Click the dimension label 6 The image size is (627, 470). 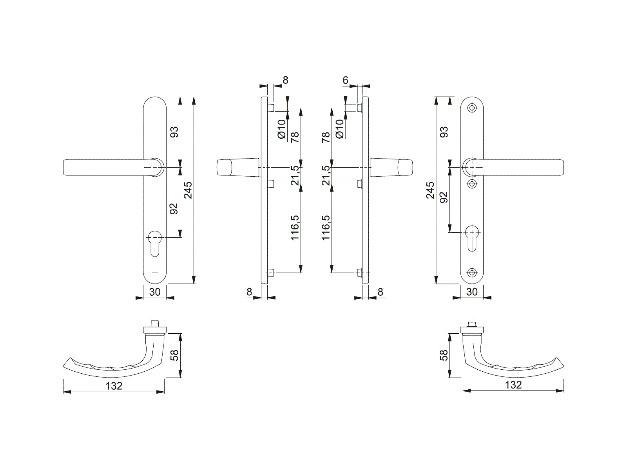345,80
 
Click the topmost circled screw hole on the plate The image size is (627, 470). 472,108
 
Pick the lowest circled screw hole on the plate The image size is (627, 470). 472,273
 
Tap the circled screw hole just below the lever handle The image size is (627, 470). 472,183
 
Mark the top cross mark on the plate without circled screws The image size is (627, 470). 155,108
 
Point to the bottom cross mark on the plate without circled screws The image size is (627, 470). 155,273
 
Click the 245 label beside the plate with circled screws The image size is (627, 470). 430,190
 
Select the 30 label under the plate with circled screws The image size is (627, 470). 472,292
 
